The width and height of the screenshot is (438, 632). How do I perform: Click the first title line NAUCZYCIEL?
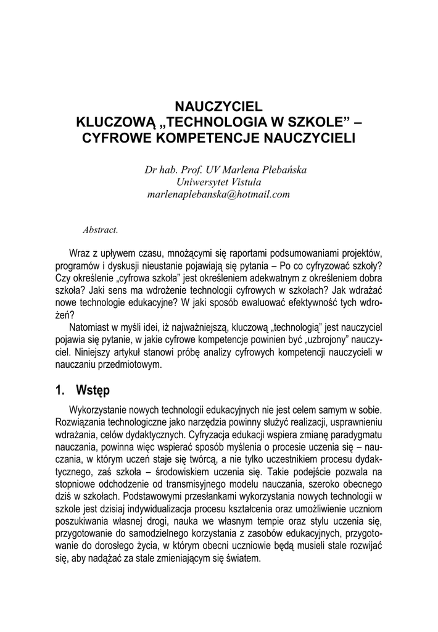219,106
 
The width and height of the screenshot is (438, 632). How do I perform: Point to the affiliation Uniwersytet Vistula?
219,181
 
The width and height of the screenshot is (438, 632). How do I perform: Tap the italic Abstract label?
100,230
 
